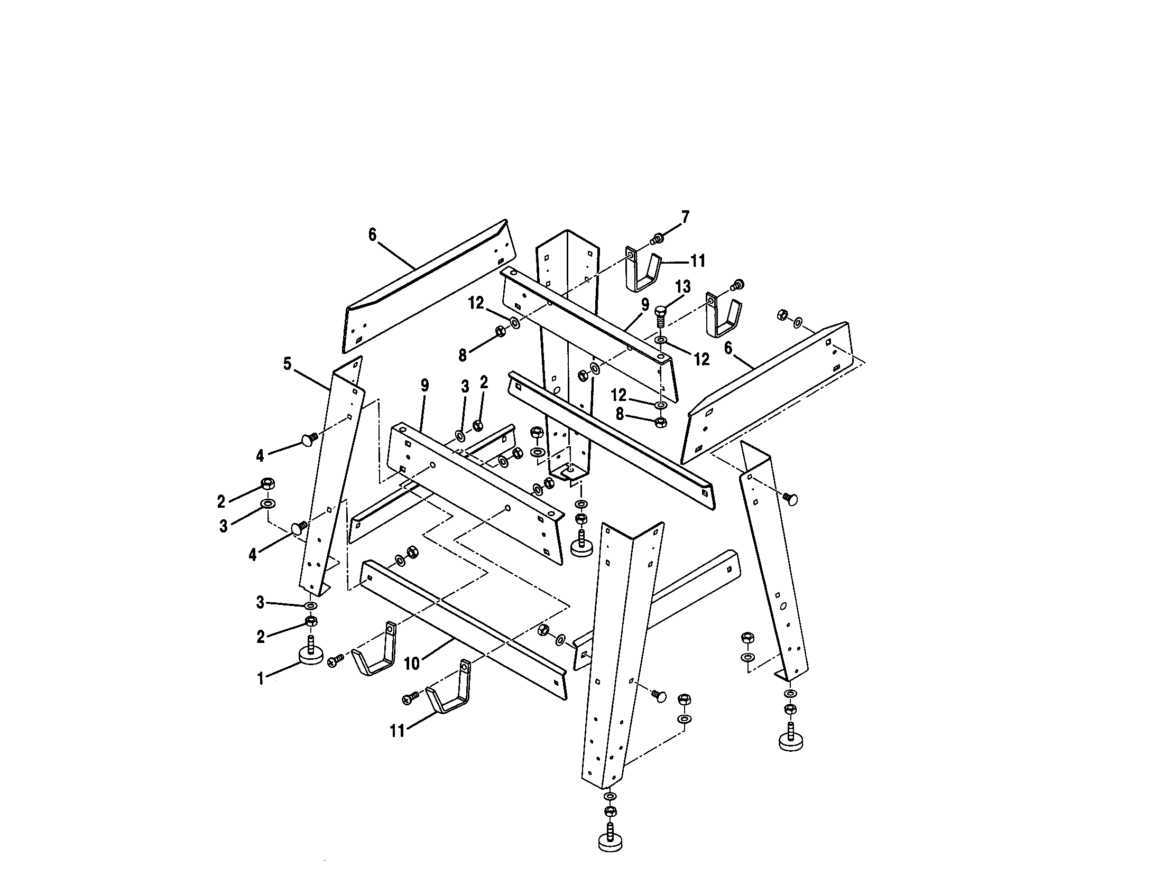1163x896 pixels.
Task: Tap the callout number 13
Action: click(682, 287)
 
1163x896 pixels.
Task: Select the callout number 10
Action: click(412, 663)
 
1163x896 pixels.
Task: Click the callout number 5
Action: click(288, 365)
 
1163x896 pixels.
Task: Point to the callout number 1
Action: click(261, 679)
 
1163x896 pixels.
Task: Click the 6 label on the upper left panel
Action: click(372, 234)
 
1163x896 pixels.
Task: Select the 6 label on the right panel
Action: click(728, 348)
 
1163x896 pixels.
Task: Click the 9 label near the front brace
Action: click(424, 386)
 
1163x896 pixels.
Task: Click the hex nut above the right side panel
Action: click(783, 314)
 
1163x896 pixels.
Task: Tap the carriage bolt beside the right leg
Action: click(791, 499)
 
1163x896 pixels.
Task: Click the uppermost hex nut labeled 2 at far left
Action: click(268, 483)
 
